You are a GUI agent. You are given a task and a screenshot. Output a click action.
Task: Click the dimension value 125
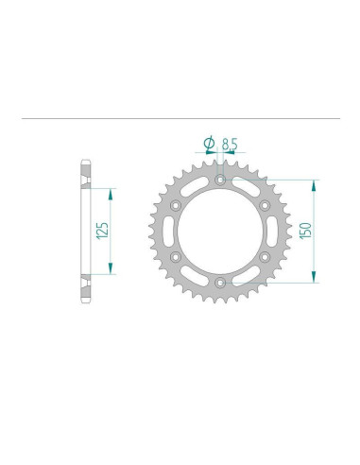(x=102, y=230)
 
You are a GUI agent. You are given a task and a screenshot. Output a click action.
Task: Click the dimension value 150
(x=305, y=230)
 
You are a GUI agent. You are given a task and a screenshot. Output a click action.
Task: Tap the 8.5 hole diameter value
(x=230, y=144)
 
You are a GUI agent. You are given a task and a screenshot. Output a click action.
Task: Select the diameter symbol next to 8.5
(x=208, y=144)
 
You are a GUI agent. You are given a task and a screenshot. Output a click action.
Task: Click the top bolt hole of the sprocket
(x=220, y=178)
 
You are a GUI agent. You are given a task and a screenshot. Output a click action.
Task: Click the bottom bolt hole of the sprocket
(x=220, y=282)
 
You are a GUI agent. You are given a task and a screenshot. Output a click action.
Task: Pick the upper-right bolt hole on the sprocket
(x=265, y=203)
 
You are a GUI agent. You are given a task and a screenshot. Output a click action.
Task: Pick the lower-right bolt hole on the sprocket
(x=265, y=256)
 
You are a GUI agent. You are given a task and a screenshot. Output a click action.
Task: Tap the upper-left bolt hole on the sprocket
(x=176, y=203)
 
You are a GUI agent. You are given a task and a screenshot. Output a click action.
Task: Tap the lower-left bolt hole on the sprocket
(x=176, y=256)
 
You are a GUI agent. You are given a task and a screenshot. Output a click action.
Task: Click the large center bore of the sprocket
(x=220, y=230)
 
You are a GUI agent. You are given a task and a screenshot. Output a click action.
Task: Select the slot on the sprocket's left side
(x=170, y=230)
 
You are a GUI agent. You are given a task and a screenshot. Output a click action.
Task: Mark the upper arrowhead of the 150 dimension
(x=313, y=183)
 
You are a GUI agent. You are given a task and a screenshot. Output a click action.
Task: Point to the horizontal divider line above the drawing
(x=180, y=118)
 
